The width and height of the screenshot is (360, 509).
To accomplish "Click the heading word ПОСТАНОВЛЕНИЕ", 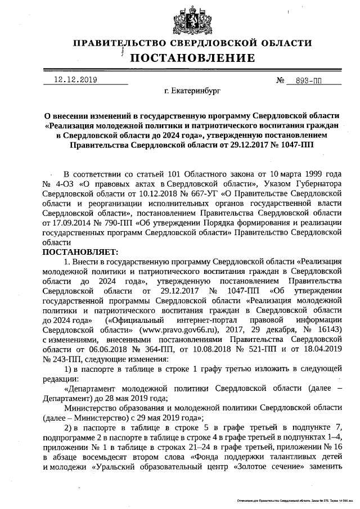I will click(192, 58).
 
